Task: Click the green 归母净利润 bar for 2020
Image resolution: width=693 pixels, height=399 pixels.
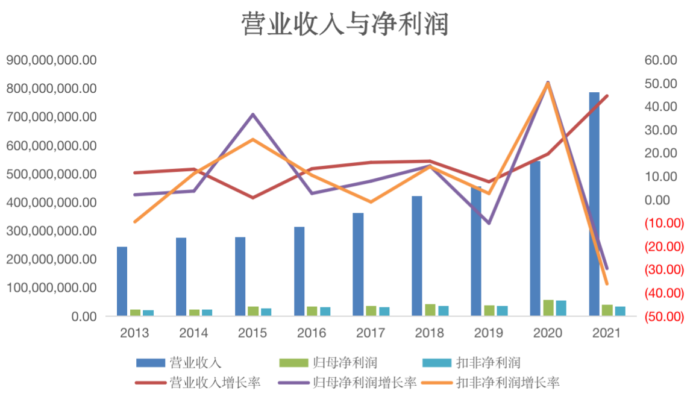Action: point(548,308)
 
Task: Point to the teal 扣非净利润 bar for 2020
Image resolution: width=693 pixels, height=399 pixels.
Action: point(561,308)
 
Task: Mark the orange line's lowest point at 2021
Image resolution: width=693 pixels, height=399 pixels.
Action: point(607,284)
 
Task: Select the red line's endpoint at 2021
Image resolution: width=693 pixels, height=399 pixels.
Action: point(607,96)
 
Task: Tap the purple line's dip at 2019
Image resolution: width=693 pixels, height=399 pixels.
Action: point(489,224)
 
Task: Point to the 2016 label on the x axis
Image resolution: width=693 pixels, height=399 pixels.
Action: point(312,333)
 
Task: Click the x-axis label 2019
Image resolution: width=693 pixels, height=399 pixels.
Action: point(489,333)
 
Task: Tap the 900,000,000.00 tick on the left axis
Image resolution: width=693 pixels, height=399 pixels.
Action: point(51,60)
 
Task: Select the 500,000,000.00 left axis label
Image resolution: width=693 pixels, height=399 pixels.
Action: point(51,174)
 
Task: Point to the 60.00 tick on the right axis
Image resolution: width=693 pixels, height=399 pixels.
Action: point(661,60)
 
